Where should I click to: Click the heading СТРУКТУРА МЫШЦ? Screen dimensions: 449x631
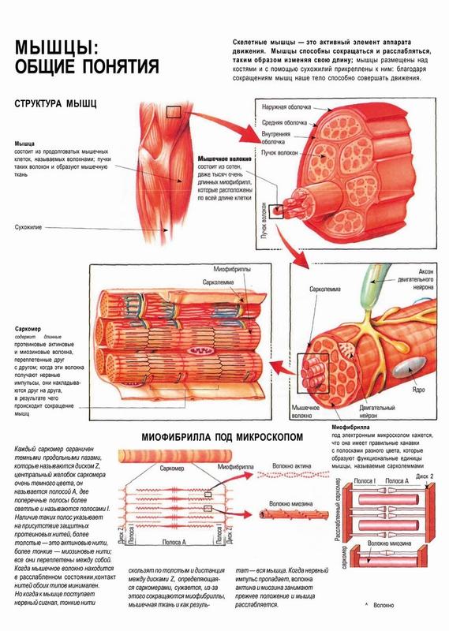(55, 103)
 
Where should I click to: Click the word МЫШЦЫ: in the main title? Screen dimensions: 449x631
(56, 47)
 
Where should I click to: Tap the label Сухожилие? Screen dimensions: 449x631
(28, 227)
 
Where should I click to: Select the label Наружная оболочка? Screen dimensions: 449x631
(286, 107)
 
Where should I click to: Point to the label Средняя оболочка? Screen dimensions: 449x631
(284, 123)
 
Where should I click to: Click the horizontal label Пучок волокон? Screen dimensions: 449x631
(279, 153)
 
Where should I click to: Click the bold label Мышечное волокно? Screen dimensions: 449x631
(225, 159)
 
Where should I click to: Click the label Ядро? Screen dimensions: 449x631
(418, 390)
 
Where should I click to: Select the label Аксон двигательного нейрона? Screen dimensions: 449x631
(416, 279)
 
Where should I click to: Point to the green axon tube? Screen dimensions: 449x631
(373, 286)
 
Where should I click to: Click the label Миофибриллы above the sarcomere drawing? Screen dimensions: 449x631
(232, 269)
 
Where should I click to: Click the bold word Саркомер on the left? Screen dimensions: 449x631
(28, 329)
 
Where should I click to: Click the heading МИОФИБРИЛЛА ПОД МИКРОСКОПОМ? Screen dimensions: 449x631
(222, 437)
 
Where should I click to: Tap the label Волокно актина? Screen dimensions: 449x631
(291, 466)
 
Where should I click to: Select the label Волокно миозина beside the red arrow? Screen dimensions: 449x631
(290, 503)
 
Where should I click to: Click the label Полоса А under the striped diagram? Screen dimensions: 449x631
(174, 542)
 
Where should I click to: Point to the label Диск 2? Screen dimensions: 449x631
(425, 476)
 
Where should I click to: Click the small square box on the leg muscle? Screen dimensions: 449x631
(174, 112)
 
